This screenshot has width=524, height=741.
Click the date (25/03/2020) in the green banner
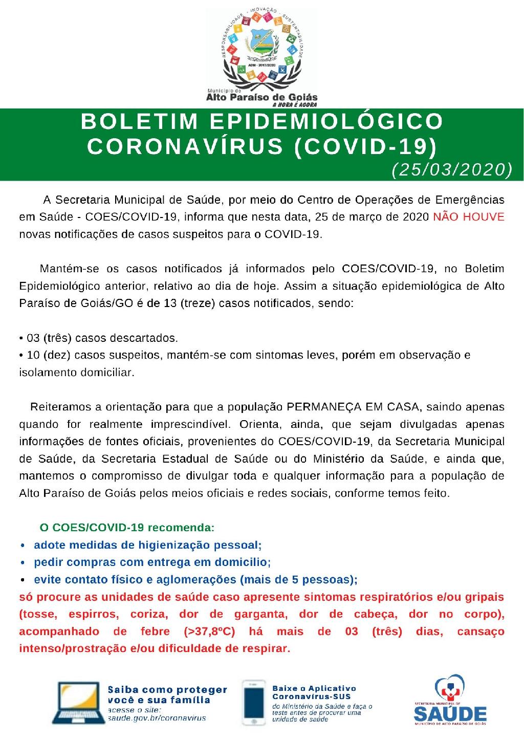coord(451,170)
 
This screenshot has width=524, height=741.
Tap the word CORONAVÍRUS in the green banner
coord(185,146)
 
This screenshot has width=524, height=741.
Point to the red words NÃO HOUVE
coord(468,216)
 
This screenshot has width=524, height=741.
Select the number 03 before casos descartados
coord(33,338)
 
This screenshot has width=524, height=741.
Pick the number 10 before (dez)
coord(33,355)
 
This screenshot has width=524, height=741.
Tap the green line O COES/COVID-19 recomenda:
coord(126,527)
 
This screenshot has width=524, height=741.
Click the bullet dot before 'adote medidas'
coord(23,546)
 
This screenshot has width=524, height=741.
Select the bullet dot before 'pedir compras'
coord(23,562)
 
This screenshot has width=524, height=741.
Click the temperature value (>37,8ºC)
coord(211,631)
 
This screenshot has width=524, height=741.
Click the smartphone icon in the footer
coord(255,704)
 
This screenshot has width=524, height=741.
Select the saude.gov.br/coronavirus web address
coord(157,718)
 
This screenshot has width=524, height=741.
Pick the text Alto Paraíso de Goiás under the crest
coord(261,97)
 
